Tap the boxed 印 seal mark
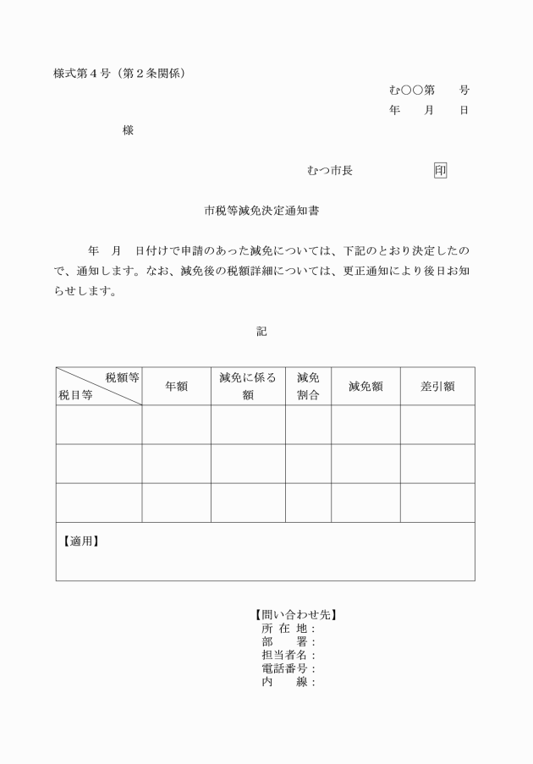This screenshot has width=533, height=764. tap(440, 170)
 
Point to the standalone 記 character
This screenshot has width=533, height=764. tap(261, 332)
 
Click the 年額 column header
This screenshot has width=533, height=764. tap(176, 386)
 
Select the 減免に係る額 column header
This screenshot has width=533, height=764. tap(248, 386)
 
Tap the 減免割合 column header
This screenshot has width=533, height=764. tap(308, 386)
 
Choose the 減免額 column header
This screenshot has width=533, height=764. tap(365, 386)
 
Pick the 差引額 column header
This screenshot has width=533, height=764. tap(437, 386)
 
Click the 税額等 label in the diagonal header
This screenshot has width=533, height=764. tap(122, 377)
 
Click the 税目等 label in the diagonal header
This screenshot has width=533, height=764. tap(75, 394)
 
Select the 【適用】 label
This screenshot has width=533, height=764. tap(81, 541)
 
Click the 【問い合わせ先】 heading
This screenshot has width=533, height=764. tap(290, 616)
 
